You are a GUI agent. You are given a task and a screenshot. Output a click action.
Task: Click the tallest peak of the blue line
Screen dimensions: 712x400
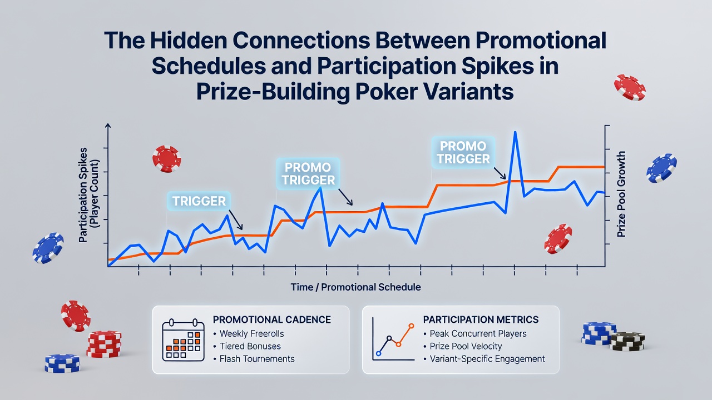(515, 132)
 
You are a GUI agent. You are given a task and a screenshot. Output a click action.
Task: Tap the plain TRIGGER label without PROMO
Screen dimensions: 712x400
(199, 201)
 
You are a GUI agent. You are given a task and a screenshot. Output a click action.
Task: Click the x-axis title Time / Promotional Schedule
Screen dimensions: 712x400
(355, 287)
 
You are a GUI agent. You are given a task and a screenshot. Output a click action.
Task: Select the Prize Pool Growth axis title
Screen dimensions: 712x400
(621, 194)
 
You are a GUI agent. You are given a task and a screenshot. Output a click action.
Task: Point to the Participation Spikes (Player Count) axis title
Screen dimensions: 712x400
(88, 195)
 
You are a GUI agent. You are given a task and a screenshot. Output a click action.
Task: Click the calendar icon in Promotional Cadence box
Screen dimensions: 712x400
(184, 340)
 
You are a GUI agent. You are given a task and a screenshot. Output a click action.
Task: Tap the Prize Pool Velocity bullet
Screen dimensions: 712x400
(466, 346)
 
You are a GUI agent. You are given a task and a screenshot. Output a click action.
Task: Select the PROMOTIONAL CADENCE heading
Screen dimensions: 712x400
(272, 319)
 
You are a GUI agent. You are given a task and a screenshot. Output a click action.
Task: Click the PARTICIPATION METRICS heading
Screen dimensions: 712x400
(481, 319)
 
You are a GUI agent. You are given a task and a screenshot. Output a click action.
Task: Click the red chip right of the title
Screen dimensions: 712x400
(630, 87)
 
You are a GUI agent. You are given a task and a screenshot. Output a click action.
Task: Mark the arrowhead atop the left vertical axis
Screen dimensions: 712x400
(108, 126)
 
